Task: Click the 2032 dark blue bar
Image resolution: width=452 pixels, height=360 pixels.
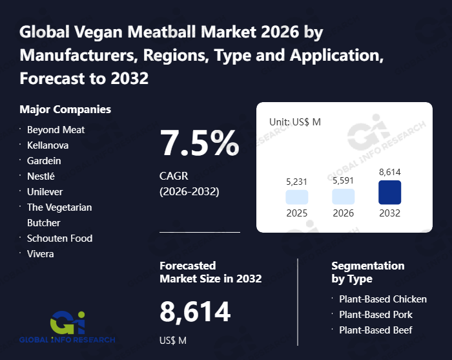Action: (389, 193)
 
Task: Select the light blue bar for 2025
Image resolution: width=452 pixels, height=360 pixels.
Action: (297, 197)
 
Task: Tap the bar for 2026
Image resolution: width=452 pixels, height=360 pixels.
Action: (344, 196)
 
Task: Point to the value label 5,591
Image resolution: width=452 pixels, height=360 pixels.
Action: (344, 181)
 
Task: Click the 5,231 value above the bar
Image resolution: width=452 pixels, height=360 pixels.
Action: (297, 182)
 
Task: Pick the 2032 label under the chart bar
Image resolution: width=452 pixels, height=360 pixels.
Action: (389, 213)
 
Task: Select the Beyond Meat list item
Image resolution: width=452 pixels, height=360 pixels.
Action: (56, 130)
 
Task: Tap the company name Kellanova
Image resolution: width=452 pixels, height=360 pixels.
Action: (48, 145)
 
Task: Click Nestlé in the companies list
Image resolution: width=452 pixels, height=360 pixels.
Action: (41, 176)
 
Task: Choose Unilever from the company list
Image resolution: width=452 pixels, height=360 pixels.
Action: (45, 192)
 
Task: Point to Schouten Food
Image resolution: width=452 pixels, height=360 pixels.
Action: (59, 238)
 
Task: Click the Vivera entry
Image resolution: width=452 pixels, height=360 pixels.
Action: (41, 254)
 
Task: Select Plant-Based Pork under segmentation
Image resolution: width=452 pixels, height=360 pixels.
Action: (376, 315)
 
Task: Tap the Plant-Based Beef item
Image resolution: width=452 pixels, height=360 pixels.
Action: (376, 330)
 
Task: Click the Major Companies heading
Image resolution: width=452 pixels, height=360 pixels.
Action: (65, 109)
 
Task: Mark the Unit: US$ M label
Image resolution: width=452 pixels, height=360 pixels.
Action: (294, 122)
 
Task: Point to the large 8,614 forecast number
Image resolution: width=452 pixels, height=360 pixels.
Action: (195, 312)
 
